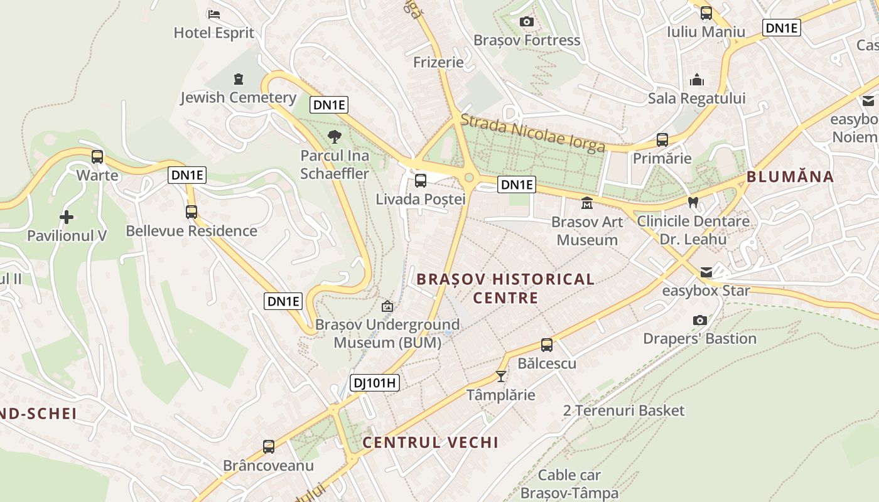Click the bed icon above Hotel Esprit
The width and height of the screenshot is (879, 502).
213,14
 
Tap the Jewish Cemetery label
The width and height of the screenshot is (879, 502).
238,97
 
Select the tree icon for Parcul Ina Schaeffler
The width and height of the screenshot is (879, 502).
335,136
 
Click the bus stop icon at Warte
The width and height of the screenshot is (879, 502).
97,157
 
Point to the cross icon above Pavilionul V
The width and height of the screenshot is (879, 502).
67,217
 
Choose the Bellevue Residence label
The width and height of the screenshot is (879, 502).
191,231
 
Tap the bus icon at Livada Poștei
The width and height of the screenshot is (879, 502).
421,181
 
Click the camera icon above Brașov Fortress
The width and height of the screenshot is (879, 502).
527,22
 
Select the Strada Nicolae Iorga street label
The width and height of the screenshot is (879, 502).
533,132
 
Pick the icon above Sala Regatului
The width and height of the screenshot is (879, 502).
697,80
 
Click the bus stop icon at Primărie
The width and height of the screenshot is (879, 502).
662,140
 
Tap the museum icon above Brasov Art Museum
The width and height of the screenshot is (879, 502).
587,203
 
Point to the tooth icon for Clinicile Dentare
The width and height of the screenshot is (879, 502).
693,203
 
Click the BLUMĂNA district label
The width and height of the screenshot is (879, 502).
790,177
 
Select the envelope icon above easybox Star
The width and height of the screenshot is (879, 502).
706,272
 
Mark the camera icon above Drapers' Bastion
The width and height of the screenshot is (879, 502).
699,321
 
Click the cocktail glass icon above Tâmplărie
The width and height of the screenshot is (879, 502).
501,376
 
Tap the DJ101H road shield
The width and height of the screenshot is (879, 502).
374,382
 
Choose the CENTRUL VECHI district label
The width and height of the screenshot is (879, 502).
431,442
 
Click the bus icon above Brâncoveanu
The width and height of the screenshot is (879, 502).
269,447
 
